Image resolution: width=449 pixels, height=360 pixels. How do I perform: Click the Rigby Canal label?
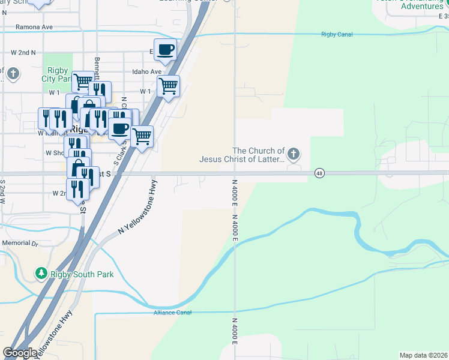click(x=337, y=34)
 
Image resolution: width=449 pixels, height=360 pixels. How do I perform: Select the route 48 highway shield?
click(x=319, y=173)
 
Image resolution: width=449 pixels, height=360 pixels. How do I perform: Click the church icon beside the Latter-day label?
click(x=294, y=155)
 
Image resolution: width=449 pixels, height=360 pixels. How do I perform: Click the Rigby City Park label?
click(x=57, y=74)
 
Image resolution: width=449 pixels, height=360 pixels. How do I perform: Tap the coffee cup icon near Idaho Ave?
click(x=166, y=49)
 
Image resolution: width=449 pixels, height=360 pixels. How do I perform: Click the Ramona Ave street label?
click(x=34, y=27)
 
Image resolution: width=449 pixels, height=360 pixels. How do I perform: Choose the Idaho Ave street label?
click(x=147, y=72)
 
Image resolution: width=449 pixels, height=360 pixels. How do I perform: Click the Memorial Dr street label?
click(x=20, y=243)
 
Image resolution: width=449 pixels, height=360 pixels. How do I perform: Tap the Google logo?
click(x=20, y=353)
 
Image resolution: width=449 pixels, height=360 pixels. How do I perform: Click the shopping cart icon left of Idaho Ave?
click(x=82, y=80)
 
